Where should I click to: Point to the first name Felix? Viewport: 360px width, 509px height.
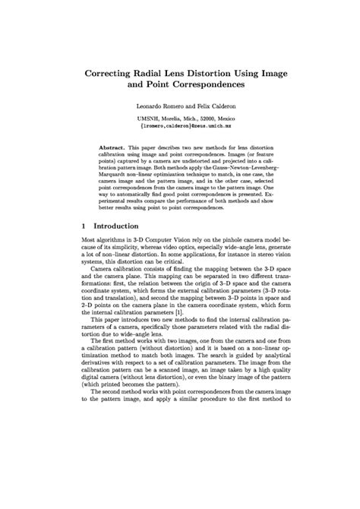click(x=199, y=106)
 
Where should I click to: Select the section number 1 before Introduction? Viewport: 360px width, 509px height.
click(x=82, y=226)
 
